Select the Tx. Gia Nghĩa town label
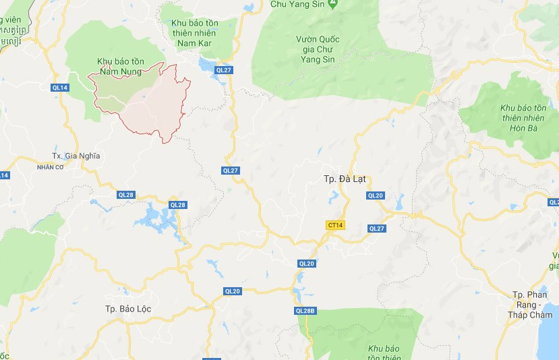pos(75,156)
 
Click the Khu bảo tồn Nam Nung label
pos(120,65)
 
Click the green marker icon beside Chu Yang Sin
pos(332,4)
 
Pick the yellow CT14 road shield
pos(334,225)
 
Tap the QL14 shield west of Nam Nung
pos(59,88)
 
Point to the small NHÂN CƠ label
pos(49,167)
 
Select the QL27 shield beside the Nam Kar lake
pos(224,69)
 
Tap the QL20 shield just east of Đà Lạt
pos(375,196)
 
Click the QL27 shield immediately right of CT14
pos(376,229)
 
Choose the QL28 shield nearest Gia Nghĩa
pos(126,195)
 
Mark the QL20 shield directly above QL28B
pos(306,264)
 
